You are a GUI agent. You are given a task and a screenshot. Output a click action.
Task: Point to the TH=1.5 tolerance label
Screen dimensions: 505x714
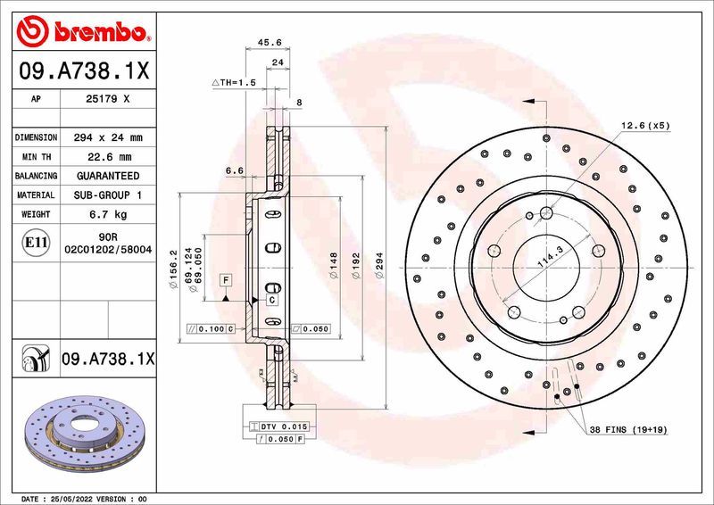tap(235, 82)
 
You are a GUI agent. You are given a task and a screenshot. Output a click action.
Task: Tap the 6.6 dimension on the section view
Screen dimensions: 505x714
tap(235, 170)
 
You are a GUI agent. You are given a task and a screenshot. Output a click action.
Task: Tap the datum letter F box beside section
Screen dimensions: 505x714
tap(227, 280)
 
